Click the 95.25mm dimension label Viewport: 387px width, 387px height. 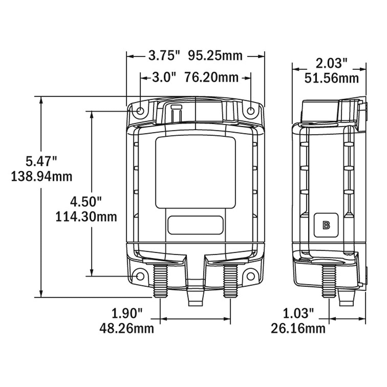pos(215,55)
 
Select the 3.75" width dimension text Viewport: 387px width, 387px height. pos(164,55)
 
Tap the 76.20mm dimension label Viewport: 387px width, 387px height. pos(211,77)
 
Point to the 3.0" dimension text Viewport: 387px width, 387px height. pos(164,77)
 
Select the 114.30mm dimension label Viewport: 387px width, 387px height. pos(86,216)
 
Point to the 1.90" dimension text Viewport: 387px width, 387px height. pos(127,313)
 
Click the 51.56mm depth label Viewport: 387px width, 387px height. pos(332,78)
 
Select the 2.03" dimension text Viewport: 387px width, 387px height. pos(332,63)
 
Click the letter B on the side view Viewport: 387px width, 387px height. pos(326,225)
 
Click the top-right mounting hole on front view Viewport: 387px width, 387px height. pos(251,111)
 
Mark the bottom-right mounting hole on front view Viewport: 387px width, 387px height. pos(251,277)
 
